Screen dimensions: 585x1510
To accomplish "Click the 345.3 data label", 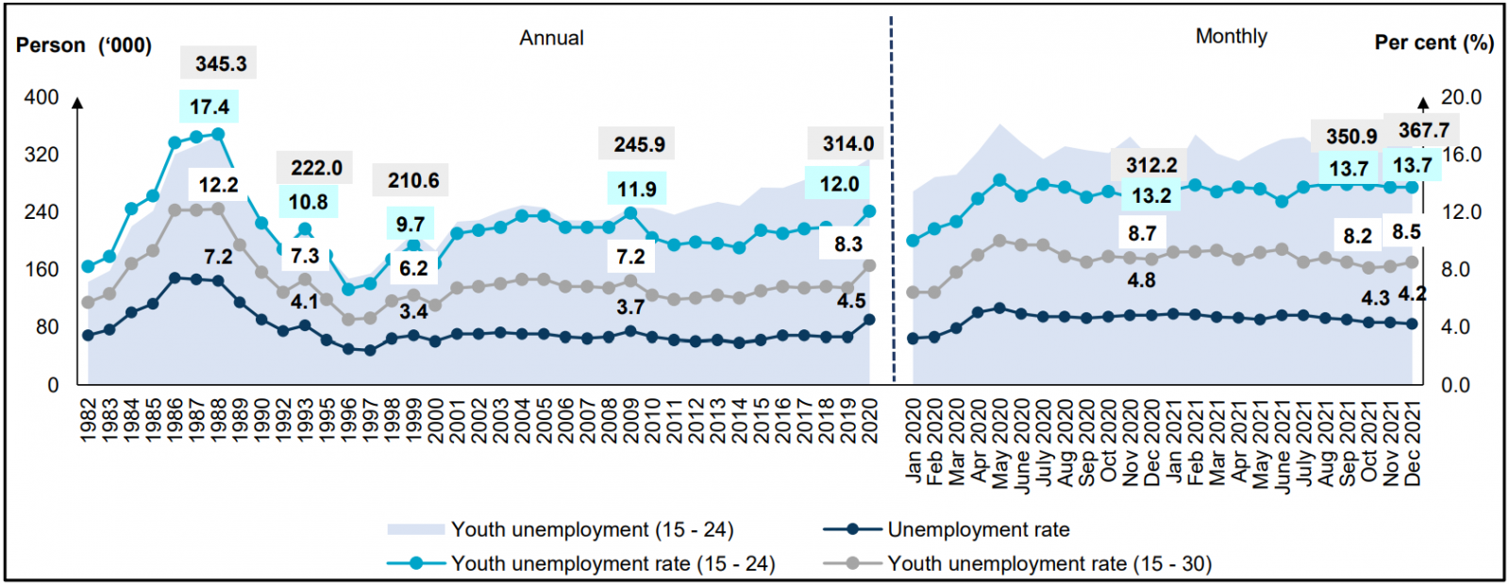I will pos(221,64).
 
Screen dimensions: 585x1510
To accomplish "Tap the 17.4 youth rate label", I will pos(209,107).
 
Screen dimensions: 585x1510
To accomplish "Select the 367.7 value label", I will pos(1423,130).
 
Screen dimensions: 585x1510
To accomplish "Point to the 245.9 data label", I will pos(639,144).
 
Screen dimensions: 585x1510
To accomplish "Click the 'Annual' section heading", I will pos(551,38).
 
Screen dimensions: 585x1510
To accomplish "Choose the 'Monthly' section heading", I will pos(1231,37).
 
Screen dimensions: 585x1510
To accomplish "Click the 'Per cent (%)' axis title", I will pos(1434,42).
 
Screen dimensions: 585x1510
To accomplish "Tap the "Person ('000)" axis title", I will pos(84,45).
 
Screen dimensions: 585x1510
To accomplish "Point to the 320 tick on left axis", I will pos(41,155).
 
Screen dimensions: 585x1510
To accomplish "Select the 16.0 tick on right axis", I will pos(1460,155).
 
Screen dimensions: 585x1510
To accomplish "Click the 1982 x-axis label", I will pos(89,420).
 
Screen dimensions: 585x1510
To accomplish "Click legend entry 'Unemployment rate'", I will pos(978,529).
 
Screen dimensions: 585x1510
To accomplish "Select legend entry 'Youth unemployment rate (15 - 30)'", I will pos(1049,563).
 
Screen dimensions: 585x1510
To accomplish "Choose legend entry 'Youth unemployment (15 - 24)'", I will pos(592,529).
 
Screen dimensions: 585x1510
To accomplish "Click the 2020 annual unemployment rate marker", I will pos(869,320).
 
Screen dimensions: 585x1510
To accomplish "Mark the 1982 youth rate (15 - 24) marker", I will pos(89,267).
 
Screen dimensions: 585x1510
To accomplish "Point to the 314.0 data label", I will pos(847,144).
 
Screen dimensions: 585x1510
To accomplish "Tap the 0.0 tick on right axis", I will pos(1460,385).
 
